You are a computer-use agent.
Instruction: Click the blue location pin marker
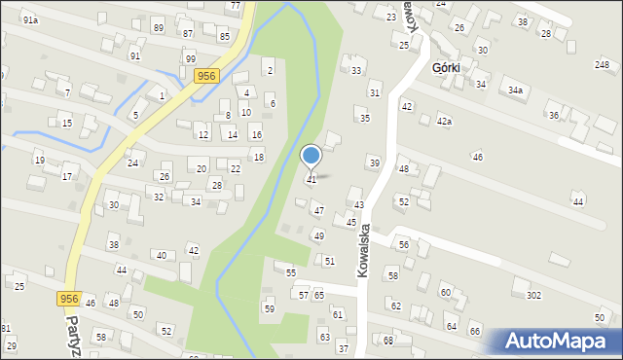pyautogui.click(x=311, y=157)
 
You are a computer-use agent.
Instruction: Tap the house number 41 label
pyautogui.click(x=311, y=180)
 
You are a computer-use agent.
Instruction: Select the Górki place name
pyautogui.click(x=447, y=68)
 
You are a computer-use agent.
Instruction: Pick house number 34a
pyautogui.click(x=515, y=90)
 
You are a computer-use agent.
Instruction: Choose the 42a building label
pyautogui.click(x=444, y=122)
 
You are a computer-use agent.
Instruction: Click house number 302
pyautogui.click(x=533, y=295)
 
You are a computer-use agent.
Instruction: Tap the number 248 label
pyautogui.click(x=602, y=64)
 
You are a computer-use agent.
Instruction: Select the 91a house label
pyautogui.click(x=31, y=20)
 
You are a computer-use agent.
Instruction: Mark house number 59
pyautogui.click(x=270, y=308)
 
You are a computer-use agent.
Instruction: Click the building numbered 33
pyautogui.click(x=356, y=71)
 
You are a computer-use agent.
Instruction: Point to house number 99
pyautogui.click(x=190, y=59)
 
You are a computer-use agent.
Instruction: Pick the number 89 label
pyautogui.click(x=158, y=27)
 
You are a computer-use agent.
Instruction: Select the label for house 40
pyautogui.click(x=161, y=255)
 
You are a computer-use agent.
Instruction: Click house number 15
pyautogui.click(x=66, y=124)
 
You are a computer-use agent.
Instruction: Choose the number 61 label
pyautogui.click(x=337, y=314)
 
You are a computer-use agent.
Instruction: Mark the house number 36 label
pyautogui.click(x=554, y=116)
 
